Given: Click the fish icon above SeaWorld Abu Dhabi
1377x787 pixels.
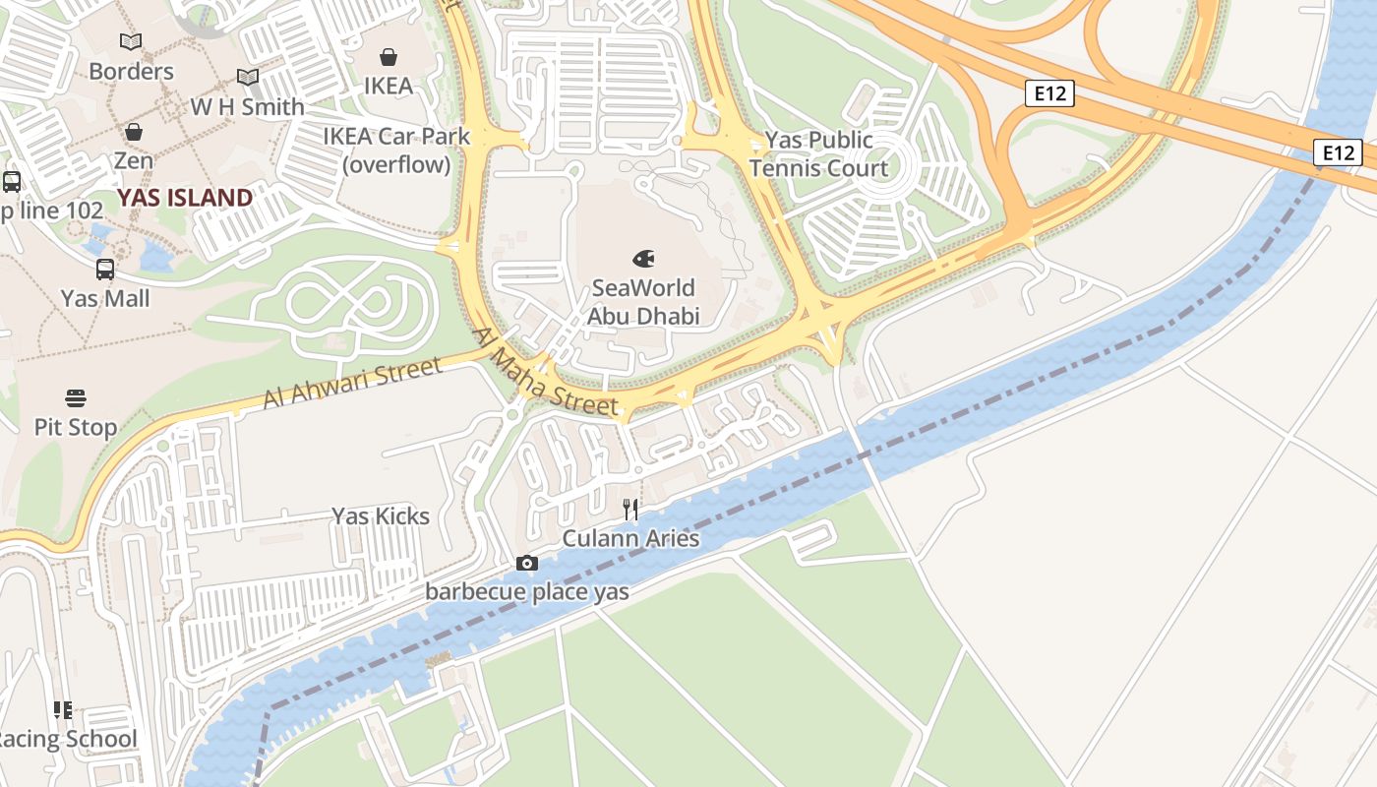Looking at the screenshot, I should pos(643,259).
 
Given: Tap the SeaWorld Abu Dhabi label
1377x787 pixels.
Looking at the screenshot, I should pos(643,302).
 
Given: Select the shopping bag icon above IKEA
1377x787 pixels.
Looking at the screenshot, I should pos(389,57).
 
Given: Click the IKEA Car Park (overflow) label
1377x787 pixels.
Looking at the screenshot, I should pos(397,151).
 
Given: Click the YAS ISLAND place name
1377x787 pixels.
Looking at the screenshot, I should pos(185,198).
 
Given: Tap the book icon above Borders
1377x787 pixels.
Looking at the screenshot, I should pos(131,41).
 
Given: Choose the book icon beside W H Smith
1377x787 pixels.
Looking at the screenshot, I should pos(248,77).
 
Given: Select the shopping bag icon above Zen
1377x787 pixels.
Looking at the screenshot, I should pos(133,132).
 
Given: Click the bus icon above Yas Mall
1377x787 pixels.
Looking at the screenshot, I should pos(105,269).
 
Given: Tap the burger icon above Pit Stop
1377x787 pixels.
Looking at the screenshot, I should pos(76,397).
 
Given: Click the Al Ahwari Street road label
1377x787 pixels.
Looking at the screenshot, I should pos(352,384).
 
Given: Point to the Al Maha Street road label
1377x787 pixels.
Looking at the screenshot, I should pos(546,372).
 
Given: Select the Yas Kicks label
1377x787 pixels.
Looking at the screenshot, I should pos(380,516).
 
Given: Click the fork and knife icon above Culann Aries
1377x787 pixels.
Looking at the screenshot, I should pos(630,509).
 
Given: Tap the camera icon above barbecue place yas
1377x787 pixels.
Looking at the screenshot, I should pos(527,563).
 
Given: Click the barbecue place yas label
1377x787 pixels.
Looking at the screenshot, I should pos(526,592).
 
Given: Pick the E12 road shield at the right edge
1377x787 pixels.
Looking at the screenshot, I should pos(1337,152).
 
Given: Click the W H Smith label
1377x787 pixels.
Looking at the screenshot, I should pos(247,106).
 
